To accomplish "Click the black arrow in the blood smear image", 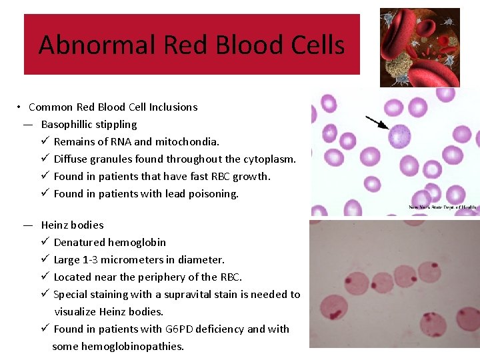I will pos(377,123).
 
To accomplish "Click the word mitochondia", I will pos(187,142).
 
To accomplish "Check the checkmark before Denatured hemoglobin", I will pos(45,243).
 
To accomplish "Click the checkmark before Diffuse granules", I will pos(45,159).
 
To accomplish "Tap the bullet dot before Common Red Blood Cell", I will pos(21,107).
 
